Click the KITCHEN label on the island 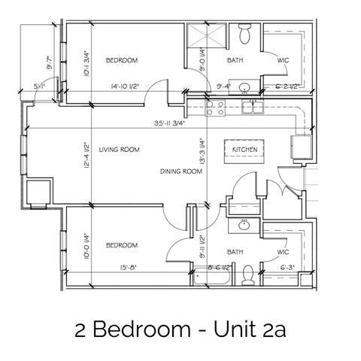(x=244, y=150)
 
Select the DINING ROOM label (x=182, y=171)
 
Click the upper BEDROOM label (x=121, y=59)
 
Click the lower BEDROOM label (x=120, y=245)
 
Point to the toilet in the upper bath (x=245, y=33)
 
